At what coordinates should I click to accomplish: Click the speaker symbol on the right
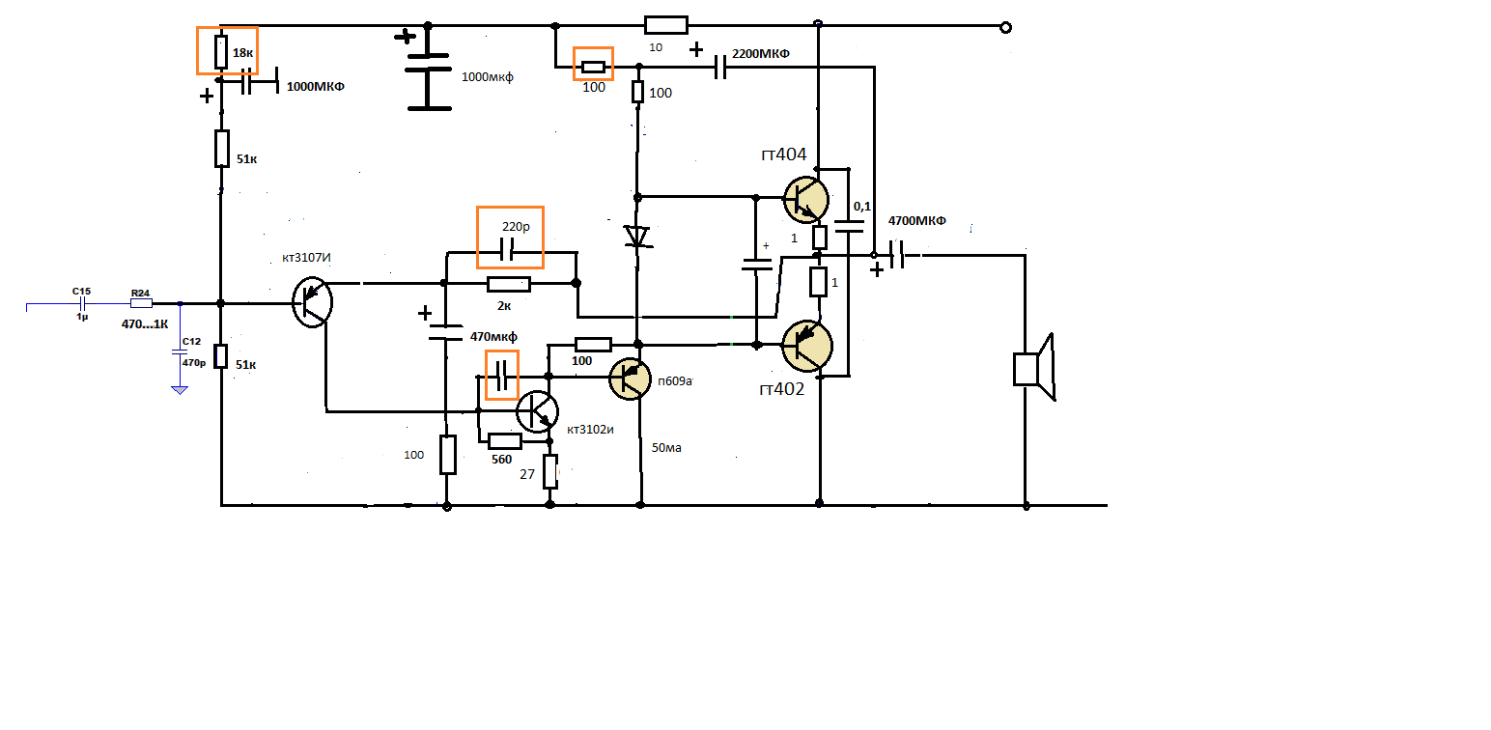click(1032, 368)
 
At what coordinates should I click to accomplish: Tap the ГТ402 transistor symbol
click(807, 346)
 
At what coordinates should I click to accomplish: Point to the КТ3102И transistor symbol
click(537, 411)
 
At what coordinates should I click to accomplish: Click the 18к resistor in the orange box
click(220, 51)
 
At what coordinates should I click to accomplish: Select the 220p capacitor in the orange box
click(510, 253)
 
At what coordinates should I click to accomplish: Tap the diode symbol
click(636, 236)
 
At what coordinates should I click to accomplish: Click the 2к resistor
click(509, 284)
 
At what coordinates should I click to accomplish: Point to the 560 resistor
click(504, 441)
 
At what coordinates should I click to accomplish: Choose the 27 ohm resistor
click(550, 471)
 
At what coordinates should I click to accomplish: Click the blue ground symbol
click(179, 388)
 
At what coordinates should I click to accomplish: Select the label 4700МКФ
click(916, 221)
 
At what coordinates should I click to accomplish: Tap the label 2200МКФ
click(761, 54)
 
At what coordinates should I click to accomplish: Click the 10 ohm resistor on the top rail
click(665, 25)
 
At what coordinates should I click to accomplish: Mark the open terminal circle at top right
click(1005, 28)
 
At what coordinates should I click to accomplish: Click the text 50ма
click(666, 448)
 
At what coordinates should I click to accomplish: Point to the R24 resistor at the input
click(141, 303)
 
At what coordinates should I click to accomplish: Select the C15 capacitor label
click(81, 291)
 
